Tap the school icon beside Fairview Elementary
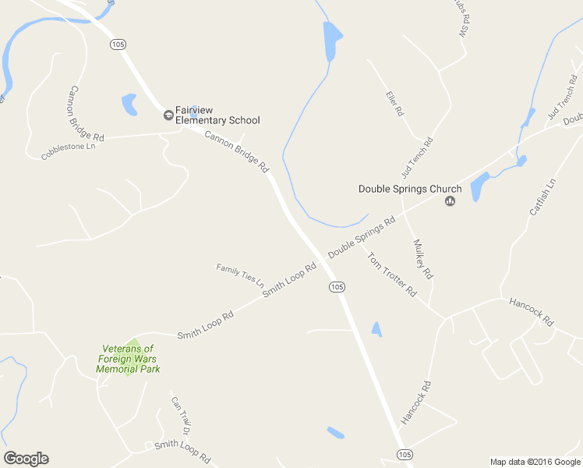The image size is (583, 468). (168, 115)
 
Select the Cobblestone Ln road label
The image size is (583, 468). (69, 151)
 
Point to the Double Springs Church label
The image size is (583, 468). (410, 189)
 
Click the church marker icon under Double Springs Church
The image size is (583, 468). (450, 202)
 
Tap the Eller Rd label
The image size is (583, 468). (394, 104)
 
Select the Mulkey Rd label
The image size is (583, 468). (424, 260)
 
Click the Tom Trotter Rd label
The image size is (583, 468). (392, 278)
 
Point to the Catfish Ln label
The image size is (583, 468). (543, 197)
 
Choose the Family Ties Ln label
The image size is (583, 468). (240, 274)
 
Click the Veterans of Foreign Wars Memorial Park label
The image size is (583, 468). (128, 359)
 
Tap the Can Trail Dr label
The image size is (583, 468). (181, 414)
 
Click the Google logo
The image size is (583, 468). (26, 459)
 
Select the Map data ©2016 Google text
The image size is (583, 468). (535, 462)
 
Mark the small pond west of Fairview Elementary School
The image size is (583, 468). (129, 104)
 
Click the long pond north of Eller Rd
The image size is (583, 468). (331, 40)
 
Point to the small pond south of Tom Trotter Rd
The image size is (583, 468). (376, 329)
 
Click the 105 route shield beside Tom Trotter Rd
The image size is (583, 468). (336, 287)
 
